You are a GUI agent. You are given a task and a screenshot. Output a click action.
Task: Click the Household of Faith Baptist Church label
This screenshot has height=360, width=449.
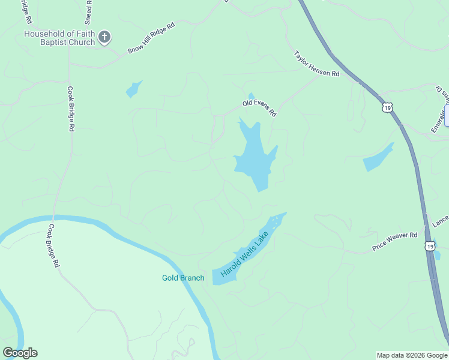coord(59,38)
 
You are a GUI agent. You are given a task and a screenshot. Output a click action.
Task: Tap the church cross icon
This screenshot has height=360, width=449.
coord(104,38)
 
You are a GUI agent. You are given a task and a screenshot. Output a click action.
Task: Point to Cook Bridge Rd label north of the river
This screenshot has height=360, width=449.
coord(70,109)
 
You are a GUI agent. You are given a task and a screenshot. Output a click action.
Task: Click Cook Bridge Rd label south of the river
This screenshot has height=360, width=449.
coord(54,245)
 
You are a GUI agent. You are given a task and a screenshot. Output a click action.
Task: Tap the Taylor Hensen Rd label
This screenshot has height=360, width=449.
coord(316,64)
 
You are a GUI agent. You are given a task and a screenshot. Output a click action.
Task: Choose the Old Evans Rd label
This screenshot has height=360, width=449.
coord(259,108)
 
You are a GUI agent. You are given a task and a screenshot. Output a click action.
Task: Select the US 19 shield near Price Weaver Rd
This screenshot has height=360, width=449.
coord(429,246)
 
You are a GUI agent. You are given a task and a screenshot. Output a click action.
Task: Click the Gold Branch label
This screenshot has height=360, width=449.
coord(183,278)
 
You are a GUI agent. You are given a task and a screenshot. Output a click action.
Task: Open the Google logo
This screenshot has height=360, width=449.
coord(20,353)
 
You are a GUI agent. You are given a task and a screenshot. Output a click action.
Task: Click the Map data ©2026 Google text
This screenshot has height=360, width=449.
coord(412,355)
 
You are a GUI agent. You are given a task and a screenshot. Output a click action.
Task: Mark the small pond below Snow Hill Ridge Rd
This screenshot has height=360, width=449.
coord(133,90)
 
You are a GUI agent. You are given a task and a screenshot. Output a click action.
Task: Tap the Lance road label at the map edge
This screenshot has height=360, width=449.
coord(440,221)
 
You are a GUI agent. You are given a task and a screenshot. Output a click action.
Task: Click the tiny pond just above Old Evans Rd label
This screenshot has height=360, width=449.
coord(251,95)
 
